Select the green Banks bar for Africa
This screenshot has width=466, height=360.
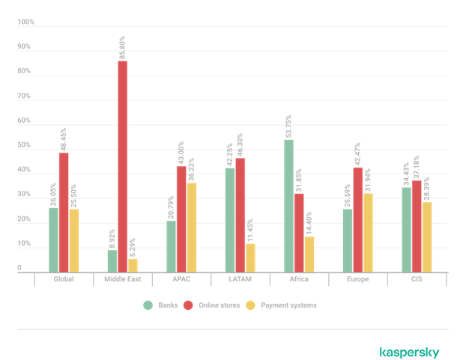point(288,206)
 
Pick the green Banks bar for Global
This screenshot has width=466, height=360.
point(53,240)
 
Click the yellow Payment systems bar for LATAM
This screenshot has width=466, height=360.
point(250,257)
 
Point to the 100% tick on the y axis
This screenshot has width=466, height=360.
point(25,22)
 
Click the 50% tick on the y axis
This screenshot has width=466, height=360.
point(25,146)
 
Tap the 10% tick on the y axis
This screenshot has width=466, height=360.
point(25,245)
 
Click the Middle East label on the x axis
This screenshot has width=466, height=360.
point(122,279)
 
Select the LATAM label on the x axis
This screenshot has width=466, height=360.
point(240,279)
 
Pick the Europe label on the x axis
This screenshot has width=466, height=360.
point(358,279)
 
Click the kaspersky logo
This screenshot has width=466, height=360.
point(409,352)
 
